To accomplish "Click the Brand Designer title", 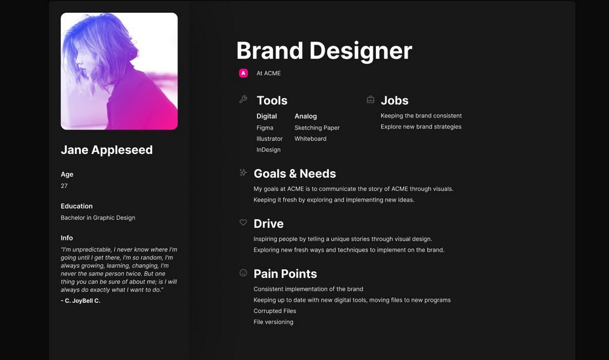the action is coord(324,51).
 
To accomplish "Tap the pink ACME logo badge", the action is coord(243,73).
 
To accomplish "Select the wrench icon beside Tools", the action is coord(243,100).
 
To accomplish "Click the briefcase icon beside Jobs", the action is coord(370,100).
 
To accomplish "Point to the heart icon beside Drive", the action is coord(243,223).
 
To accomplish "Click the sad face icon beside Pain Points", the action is coord(243,272).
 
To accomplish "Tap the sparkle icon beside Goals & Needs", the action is coord(243,172).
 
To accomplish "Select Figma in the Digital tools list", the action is coord(265,128).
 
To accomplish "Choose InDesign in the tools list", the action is coord(269,150).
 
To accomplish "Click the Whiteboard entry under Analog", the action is coord(311,138).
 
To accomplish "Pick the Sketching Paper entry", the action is coord(317,128).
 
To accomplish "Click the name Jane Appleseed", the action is coord(107,150).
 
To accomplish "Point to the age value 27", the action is coord(64,186).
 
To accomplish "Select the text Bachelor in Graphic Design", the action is coord(98,218).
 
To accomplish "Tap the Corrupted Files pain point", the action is coord(275,311).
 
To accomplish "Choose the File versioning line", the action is coord(273,322).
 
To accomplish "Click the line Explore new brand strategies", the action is coord(421,127).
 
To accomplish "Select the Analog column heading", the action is coord(306,116).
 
